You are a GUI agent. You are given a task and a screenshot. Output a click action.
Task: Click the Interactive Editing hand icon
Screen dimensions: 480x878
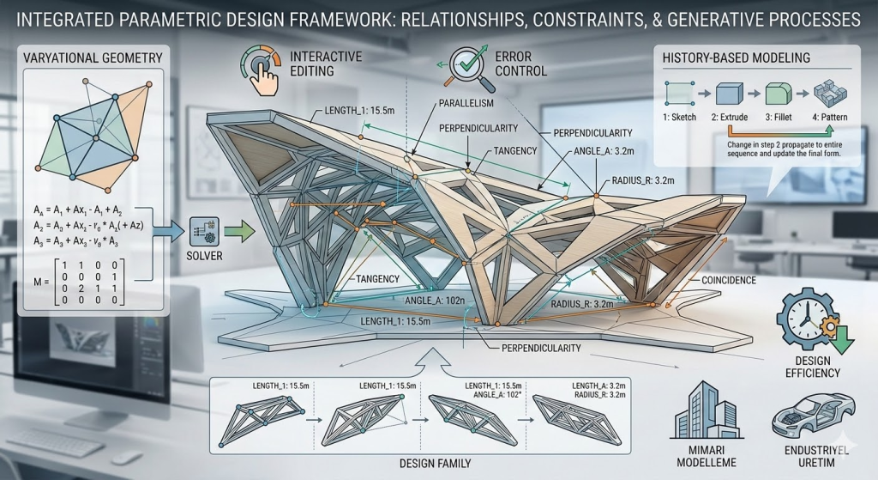tap(262, 72)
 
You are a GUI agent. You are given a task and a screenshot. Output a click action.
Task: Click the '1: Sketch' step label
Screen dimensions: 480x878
tap(680, 114)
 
